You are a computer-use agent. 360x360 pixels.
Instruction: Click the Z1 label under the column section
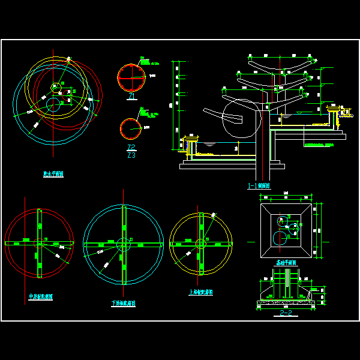(x=131, y=97)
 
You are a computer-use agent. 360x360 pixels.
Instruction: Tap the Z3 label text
(x=131, y=155)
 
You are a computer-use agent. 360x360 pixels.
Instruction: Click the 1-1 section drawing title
(x=259, y=186)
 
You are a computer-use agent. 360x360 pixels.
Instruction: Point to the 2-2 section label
(x=285, y=313)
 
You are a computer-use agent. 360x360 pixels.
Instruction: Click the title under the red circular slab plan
(x=41, y=296)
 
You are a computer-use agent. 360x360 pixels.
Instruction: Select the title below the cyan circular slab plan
(x=123, y=304)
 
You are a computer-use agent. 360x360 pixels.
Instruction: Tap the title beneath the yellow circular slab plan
(x=200, y=292)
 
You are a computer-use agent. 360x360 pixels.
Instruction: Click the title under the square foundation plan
(x=285, y=263)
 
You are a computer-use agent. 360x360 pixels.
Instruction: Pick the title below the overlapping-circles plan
(x=53, y=174)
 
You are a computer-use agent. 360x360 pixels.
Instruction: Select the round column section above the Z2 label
(x=131, y=128)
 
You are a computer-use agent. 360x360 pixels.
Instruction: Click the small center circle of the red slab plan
(x=40, y=242)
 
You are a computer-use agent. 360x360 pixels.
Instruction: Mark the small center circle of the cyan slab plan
(x=123, y=244)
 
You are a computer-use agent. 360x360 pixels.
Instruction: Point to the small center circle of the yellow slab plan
(x=200, y=243)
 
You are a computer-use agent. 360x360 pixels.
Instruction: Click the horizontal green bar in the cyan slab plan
(x=123, y=244)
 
